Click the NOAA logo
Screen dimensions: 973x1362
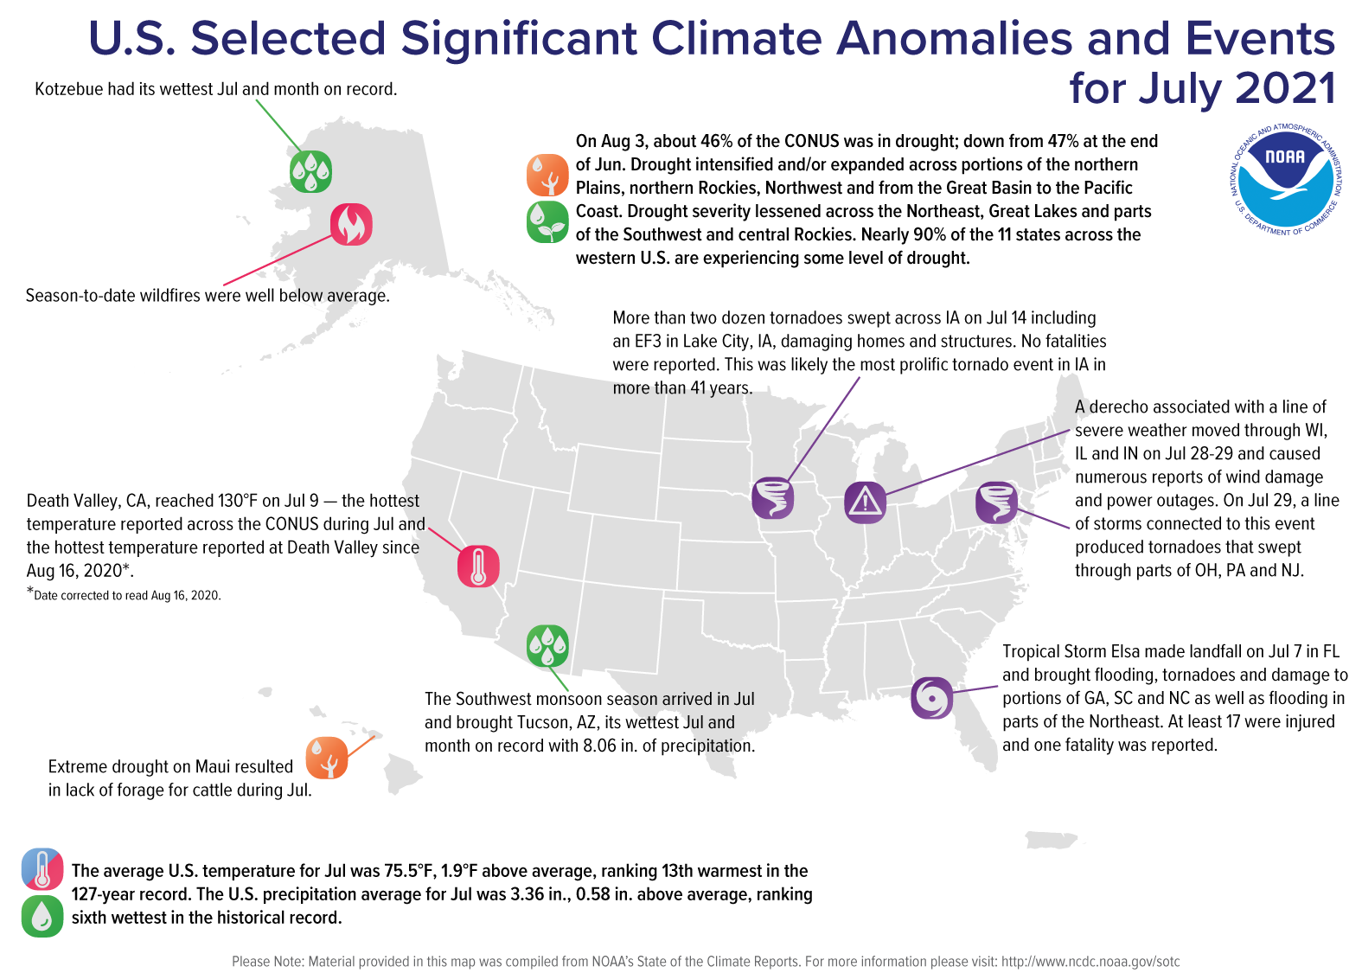[x=1285, y=180]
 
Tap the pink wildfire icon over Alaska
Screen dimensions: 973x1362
[x=351, y=225]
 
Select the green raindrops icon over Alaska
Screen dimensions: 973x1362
[x=310, y=171]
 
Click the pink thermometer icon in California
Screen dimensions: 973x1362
[x=478, y=567]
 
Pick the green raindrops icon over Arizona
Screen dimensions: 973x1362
[x=547, y=645]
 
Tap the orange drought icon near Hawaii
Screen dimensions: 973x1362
[x=327, y=759]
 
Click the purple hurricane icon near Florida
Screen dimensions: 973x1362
[x=932, y=698]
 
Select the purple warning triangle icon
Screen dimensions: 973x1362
[x=865, y=503]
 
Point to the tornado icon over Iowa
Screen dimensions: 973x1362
[x=773, y=497]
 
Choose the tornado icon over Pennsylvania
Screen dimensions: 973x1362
[x=996, y=503]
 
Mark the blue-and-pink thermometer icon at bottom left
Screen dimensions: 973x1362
[x=42, y=869]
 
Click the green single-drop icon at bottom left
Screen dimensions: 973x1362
[x=42, y=916]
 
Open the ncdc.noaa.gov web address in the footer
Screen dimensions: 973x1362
[x=1090, y=962]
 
